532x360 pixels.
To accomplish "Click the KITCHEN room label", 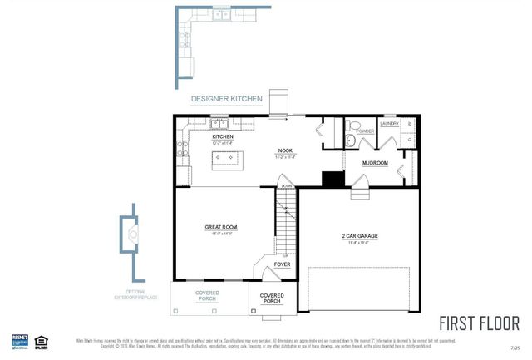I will point(199,136).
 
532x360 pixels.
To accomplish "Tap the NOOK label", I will point(286,151).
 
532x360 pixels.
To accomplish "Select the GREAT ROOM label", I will point(221,226).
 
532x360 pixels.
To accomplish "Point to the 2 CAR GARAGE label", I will point(360,236).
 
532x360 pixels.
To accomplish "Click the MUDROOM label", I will point(376,163).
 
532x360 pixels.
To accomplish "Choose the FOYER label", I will point(282,264).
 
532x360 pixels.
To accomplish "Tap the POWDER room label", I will point(365,131).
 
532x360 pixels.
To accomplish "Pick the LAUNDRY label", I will point(389,124).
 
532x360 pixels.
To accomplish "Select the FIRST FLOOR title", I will point(479,323).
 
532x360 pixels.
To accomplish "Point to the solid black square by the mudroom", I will point(333,179).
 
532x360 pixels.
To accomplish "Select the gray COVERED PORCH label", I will point(208,296).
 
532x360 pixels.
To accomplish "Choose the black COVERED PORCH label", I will point(272,298).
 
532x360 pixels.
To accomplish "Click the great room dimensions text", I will point(221,233).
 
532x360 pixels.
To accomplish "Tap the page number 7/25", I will point(516,346).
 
